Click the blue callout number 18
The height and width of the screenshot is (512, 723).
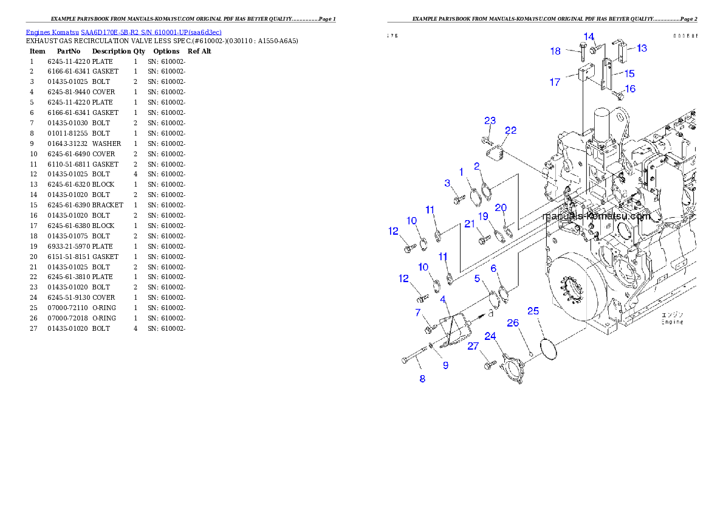click(x=555, y=51)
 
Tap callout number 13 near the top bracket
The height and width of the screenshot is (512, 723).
click(x=642, y=48)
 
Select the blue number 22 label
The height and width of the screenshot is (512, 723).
click(x=510, y=130)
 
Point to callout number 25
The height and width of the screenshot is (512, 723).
click(x=533, y=311)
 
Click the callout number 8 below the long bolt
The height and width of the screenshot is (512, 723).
click(x=422, y=379)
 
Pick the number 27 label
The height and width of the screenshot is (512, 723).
click(x=473, y=347)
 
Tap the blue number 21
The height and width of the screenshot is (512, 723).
click(x=470, y=224)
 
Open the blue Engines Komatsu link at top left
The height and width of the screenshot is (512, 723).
click(x=123, y=32)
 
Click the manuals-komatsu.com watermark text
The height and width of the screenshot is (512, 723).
click(x=597, y=216)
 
